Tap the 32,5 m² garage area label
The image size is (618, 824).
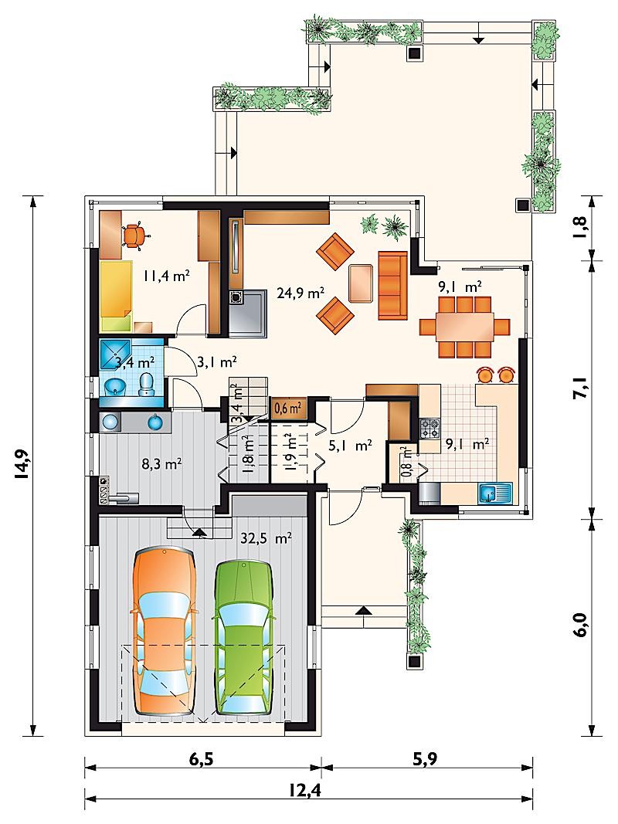pos(267,538)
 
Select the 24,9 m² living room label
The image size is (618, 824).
pos(301,293)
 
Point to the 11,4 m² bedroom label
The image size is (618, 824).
pos(166,276)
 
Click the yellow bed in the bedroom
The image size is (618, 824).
pos(115,295)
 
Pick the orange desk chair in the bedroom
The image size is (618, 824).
pos(134,236)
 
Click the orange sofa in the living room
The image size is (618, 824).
pos(392,286)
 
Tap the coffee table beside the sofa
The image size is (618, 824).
pos(361,283)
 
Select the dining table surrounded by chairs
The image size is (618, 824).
pos(464,327)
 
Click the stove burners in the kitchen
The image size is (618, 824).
pos(430,429)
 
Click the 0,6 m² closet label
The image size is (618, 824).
pos(288,407)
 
